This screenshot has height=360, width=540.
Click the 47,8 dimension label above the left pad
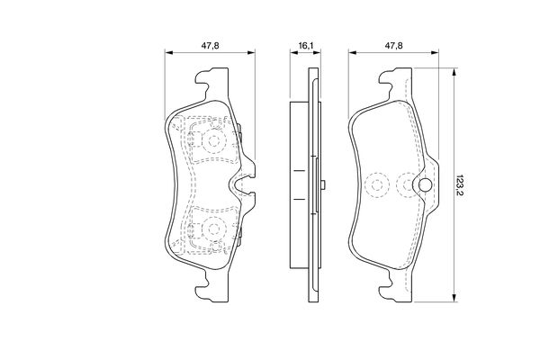[210, 46]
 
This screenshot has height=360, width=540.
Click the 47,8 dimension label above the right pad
[393, 46]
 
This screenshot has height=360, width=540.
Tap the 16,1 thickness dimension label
[305, 46]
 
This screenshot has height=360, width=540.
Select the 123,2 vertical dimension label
[460, 185]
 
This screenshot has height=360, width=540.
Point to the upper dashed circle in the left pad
[214, 140]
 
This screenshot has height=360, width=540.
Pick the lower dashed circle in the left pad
[214, 229]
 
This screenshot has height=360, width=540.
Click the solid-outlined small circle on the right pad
[426, 185]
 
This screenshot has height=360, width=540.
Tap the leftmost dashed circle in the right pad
[377, 185]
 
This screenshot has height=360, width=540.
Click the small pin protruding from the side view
[323, 185]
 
